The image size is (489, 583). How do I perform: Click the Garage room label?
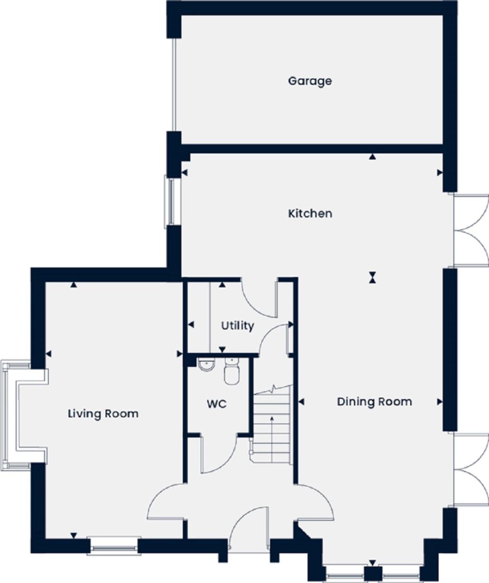pyautogui.click(x=310, y=81)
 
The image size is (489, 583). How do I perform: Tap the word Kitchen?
pyautogui.click(x=310, y=214)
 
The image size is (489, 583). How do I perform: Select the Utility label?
pyautogui.click(x=237, y=326)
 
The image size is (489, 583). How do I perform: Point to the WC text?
pyautogui.click(x=217, y=404)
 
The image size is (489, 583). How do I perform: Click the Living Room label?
pyautogui.click(x=103, y=414)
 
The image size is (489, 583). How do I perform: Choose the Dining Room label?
pyautogui.click(x=374, y=402)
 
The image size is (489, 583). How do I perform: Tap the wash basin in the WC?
pyautogui.click(x=206, y=365)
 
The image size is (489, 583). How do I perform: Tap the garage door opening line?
pyautogui.click(x=174, y=84)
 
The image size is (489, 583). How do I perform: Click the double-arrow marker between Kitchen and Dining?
pyautogui.click(x=372, y=277)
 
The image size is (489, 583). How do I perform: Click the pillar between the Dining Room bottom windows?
pyautogui.click(x=373, y=573)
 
